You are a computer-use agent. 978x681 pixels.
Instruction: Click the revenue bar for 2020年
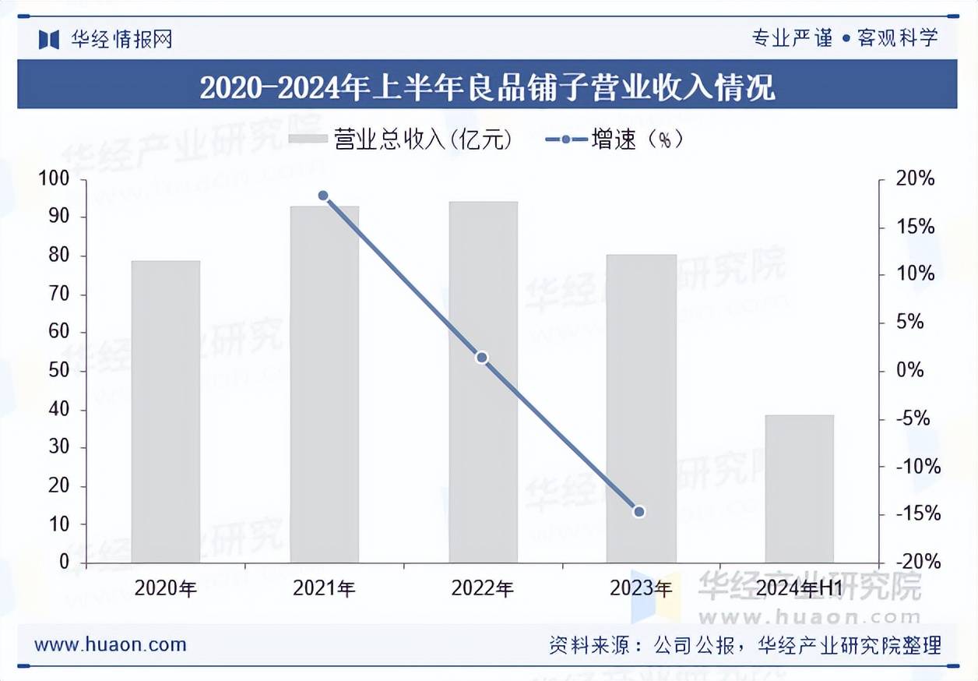(x=166, y=411)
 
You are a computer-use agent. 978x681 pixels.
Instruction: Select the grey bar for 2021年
(x=325, y=384)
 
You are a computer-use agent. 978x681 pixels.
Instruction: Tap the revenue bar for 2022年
(x=483, y=382)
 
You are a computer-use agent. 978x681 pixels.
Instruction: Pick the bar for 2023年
(x=642, y=408)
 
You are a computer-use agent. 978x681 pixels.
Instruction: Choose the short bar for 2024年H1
(x=799, y=489)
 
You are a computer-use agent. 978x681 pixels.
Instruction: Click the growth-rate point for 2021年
(x=323, y=196)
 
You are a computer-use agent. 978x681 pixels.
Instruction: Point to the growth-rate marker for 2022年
(x=482, y=358)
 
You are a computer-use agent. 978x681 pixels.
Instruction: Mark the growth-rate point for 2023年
(x=639, y=512)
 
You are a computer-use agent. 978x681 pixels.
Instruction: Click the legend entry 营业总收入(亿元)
(x=400, y=139)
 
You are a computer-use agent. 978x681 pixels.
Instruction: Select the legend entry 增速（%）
(x=615, y=139)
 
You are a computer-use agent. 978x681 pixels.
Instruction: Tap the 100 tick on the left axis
(x=54, y=179)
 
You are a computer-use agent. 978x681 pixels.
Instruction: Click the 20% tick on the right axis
(x=914, y=179)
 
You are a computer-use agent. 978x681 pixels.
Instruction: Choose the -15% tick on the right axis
(x=913, y=514)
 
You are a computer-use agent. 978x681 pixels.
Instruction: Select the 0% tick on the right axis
(x=908, y=371)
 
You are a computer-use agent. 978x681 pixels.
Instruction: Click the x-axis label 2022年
(x=482, y=588)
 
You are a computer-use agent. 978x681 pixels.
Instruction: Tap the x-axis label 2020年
(x=166, y=588)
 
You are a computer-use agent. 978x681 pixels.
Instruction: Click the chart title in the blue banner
(x=487, y=86)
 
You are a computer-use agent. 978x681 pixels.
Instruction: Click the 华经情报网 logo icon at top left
(x=49, y=39)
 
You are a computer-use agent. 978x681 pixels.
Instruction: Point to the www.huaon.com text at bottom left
(x=111, y=644)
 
